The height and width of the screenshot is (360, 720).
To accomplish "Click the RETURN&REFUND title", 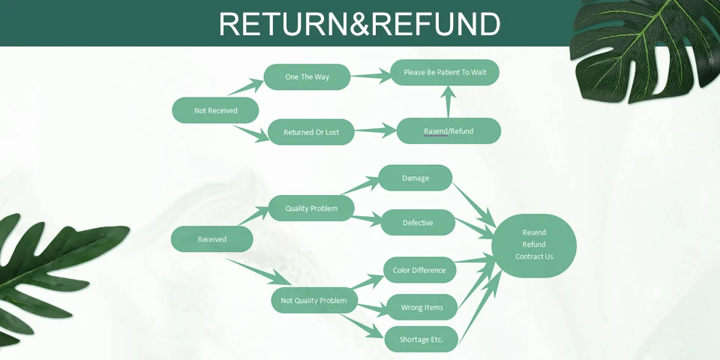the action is pos(359,24).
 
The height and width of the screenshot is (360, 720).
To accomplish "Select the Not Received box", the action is pos(215,110).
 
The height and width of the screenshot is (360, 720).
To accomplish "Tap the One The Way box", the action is pos(307,76).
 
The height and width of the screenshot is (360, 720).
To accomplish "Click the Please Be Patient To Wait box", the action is pos(445,72).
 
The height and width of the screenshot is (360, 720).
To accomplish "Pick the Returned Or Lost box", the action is pos(310,132).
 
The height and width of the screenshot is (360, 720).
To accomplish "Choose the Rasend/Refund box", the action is pos(448,130).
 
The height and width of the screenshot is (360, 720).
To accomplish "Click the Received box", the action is pos(211,239).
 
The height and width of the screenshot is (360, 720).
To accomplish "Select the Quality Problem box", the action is pos(311,208).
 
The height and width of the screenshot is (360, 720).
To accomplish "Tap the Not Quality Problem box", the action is pos(313,301).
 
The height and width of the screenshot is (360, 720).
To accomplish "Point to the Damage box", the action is pos(415,178).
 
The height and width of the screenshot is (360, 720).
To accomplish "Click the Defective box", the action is pos(418,222).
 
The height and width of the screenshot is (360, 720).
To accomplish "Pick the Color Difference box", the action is pos(419,270).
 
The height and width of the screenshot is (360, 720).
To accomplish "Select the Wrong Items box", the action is pos(421,307).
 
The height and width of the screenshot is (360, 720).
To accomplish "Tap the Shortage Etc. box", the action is pos(421,339).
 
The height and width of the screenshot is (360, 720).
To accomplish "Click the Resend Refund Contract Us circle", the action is pos(534,244).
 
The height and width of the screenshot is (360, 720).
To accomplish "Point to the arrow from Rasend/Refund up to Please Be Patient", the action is pos(448,101).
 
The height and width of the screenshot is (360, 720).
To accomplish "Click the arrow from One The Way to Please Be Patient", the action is pos(370,75).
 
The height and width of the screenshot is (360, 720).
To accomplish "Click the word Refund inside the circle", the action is pos(534,244).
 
